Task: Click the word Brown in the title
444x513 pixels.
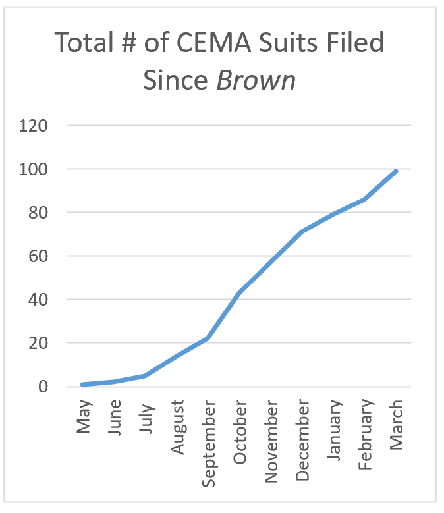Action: (x=256, y=80)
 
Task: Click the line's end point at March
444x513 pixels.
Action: (x=396, y=171)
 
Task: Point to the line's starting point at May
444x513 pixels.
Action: (x=82, y=385)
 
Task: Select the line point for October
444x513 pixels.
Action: (x=239, y=292)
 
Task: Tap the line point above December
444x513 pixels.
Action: (x=302, y=232)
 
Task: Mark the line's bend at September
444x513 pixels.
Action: (x=208, y=338)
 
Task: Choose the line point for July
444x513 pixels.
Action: (x=145, y=375)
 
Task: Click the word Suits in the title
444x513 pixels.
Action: (x=289, y=43)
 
